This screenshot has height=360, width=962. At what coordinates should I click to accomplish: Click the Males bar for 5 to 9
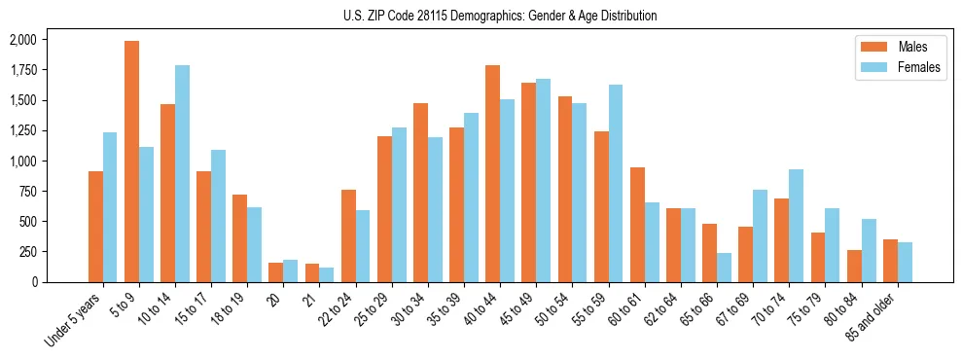coord(131,162)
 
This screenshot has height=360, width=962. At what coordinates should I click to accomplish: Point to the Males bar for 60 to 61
coord(637,225)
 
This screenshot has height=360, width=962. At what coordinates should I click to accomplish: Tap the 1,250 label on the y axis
coord(20,130)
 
